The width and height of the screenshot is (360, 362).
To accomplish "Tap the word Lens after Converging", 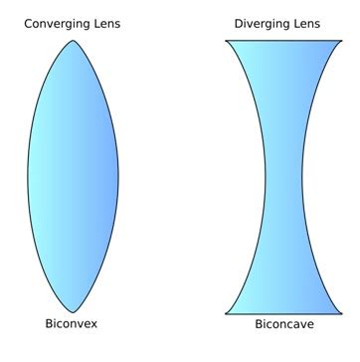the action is coord(107,23).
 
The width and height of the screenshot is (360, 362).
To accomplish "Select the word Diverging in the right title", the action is coord(262,23).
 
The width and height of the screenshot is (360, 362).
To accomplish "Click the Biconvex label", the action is coord(72,325).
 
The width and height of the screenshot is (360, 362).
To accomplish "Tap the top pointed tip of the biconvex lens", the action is coord(72,38).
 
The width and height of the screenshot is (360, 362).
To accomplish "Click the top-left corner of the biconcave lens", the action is coord(226,41).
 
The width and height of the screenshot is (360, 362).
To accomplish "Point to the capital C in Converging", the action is coord(29,23).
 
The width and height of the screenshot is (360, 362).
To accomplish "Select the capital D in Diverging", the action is coord(239,23).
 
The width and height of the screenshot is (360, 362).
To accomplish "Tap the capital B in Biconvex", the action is coord(49,324).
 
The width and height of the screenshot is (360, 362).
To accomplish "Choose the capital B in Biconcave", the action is coord(259,324).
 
